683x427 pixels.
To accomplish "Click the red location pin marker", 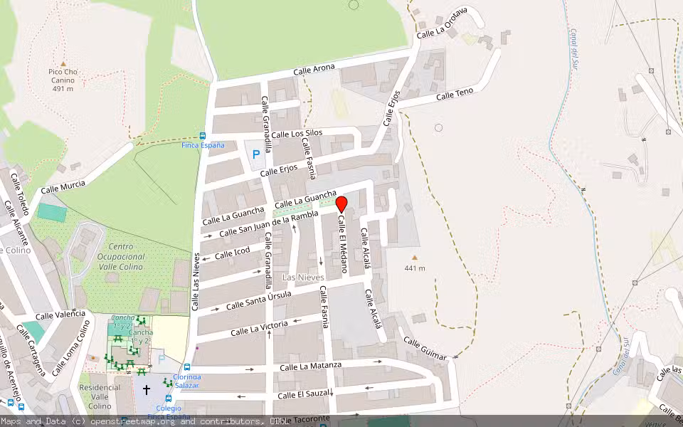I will pyautogui.click(x=341, y=204).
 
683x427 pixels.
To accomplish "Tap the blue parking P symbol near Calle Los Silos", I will pyautogui.click(x=255, y=154).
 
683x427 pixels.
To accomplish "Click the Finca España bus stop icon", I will pyautogui.click(x=203, y=135).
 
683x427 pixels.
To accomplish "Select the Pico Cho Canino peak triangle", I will pyautogui.click(x=63, y=63).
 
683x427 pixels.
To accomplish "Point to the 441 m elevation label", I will pyautogui.click(x=415, y=268).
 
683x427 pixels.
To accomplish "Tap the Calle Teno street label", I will pyautogui.click(x=455, y=95).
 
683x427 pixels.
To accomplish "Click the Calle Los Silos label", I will pyautogui.click(x=297, y=133).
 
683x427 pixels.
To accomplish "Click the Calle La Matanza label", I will pyautogui.click(x=310, y=366).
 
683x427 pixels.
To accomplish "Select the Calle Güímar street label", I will pyautogui.click(x=425, y=348).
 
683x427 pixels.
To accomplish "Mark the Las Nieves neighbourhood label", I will pyautogui.click(x=303, y=277).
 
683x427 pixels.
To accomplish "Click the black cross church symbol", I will pyautogui.click(x=147, y=390).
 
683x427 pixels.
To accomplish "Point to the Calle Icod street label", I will pyautogui.click(x=233, y=253).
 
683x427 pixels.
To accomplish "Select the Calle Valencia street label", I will pyautogui.click(x=60, y=315).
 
